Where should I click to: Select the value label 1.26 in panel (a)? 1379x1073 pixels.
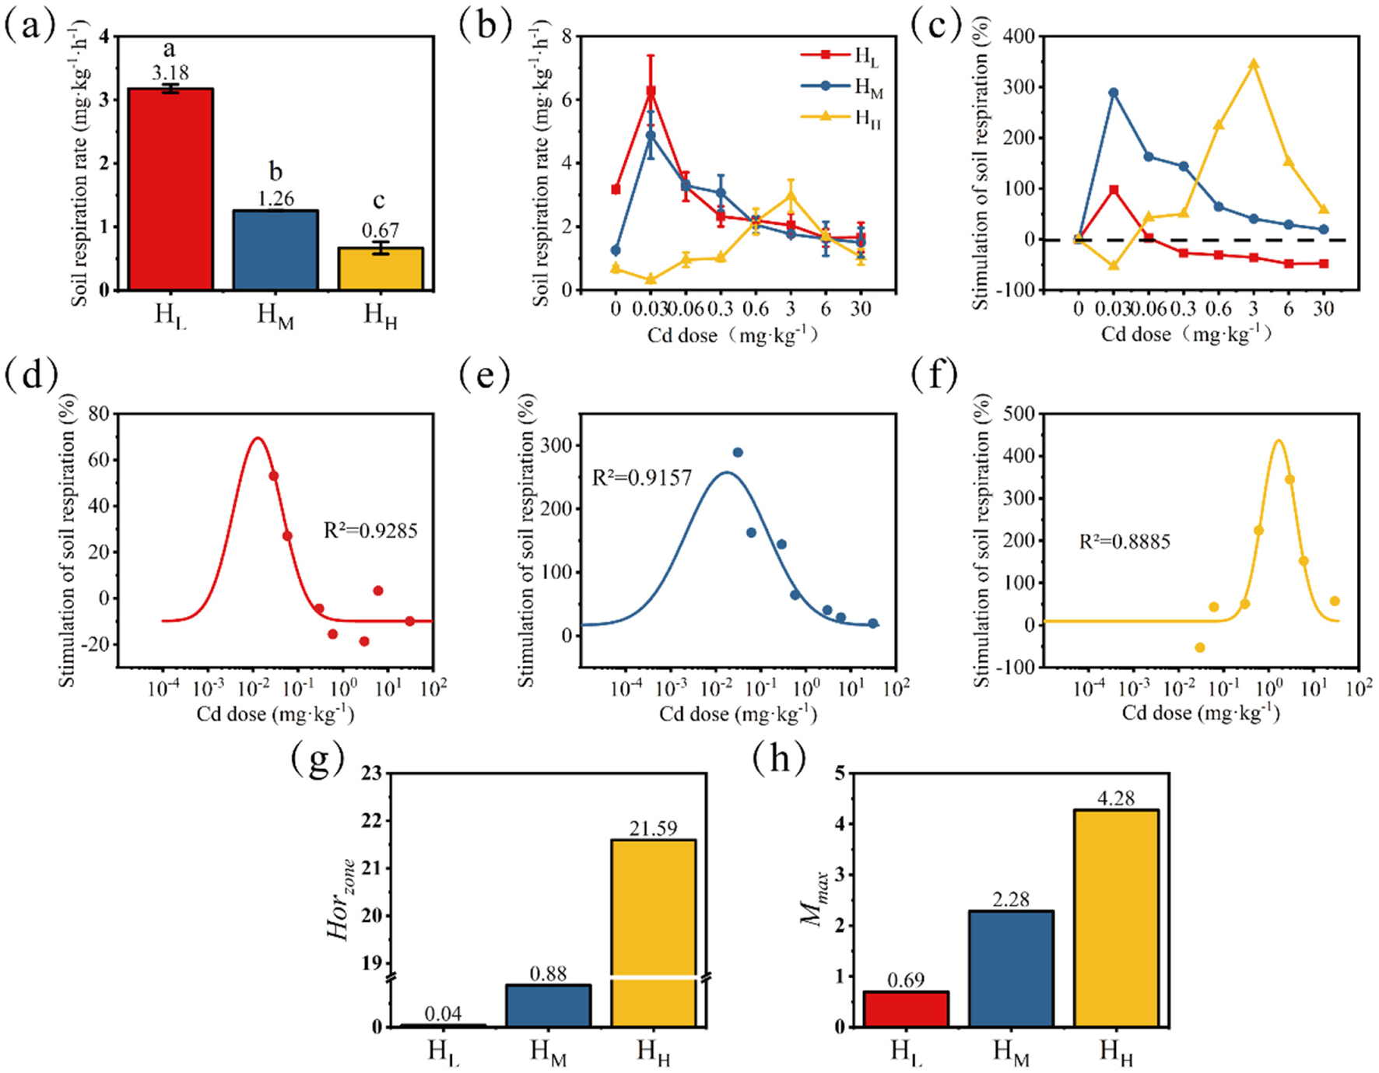pyautogui.click(x=275, y=198)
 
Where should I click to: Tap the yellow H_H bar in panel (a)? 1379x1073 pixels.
pyautogui.click(x=381, y=268)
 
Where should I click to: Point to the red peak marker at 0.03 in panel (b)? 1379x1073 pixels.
pyautogui.click(x=651, y=92)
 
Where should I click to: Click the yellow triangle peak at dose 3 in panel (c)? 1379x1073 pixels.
pyautogui.click(x=1253, y=65)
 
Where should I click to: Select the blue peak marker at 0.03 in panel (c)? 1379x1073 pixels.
pyautogui.click(x=1113, y=93)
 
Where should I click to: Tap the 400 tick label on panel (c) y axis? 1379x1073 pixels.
pyautogui.click(x=1019, y=36)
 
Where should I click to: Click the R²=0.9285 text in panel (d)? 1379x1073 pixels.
pyautogui.click(x=370, y=531)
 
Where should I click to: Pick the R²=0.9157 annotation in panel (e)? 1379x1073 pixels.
pyautogui.click(x=642, y=478)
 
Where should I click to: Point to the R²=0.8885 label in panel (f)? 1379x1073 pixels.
pyautogui.click(x=1125, y=542)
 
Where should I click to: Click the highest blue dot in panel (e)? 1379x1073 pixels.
pyautogui.click(x=738, y=452)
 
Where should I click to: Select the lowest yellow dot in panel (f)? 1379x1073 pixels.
pyautogui.click(x=1199, y=647)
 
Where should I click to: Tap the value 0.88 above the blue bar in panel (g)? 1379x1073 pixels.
pyautogui.click(x=548, y=973)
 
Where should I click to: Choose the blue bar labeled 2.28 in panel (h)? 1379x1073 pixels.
pyautogui.click(x=1011, y=968)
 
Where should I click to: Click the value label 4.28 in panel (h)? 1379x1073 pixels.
pyautogui.click(x=1115, y=798)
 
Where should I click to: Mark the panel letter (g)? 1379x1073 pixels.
pyautogui.click(x=318, y=759)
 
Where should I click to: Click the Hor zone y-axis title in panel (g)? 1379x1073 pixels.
pyautogui.click(x=341, y=900)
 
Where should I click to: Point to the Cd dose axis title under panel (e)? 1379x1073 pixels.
pyautogui.click(x=738, y=714)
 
